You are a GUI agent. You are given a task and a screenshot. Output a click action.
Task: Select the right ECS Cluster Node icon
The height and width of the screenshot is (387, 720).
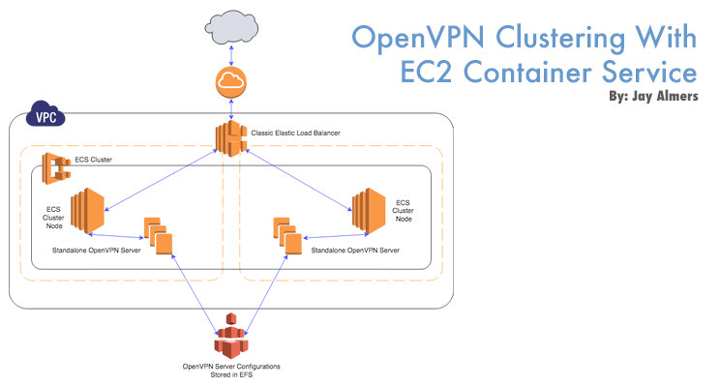tap(369, 210)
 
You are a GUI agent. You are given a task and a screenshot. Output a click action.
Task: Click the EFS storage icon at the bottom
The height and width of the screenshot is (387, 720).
tap(228, 338)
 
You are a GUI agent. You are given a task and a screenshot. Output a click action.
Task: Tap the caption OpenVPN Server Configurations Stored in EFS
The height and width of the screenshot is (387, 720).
tap(228, 371)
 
